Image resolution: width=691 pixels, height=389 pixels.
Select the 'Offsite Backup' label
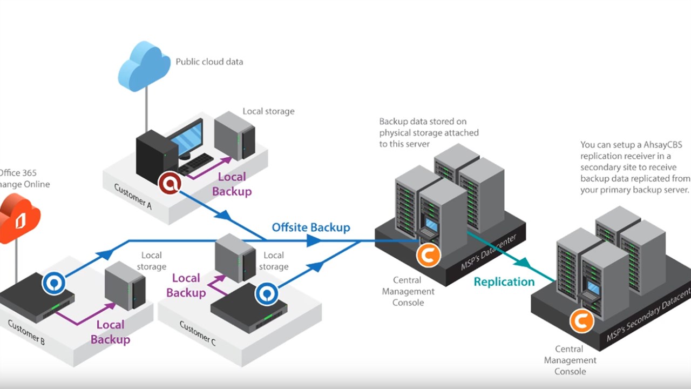tap(311, 227)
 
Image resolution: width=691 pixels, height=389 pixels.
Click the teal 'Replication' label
tap(504, 281)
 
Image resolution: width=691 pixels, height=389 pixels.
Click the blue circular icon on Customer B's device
tap(54, 283)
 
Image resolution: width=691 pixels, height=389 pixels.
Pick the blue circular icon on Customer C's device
tap(266, 293)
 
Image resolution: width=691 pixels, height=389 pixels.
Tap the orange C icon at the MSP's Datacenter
tap(428, 255)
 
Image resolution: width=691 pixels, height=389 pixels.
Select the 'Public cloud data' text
tap(209, 62)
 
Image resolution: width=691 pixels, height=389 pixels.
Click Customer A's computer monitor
tap(186, 138)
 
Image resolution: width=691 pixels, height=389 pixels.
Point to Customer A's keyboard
tap(196, 163)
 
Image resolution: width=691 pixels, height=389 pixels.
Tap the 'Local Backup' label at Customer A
tap(232, 184)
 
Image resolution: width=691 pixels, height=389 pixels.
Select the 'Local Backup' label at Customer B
tap(110, 332)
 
